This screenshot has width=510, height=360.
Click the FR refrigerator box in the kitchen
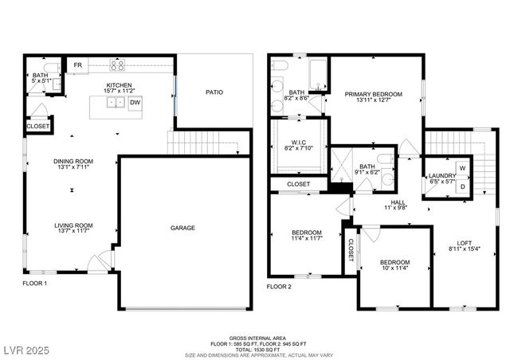77,66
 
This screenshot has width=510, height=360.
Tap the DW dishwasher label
135,102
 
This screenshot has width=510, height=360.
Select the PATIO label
214,92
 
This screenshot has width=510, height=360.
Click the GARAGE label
182,228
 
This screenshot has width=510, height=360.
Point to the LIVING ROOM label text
73,225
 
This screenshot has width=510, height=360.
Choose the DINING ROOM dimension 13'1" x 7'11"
73,168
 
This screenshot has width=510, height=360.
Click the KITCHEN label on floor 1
120,84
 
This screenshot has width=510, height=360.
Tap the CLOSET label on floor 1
37,127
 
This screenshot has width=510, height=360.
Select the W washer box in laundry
461,168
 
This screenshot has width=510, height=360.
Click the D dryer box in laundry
461,187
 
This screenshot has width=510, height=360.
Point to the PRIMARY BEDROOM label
373,94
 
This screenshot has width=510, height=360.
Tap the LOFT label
464,243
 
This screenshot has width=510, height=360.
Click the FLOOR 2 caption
279,286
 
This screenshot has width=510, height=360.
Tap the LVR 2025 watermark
26,349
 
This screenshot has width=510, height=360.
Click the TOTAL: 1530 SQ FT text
255,349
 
